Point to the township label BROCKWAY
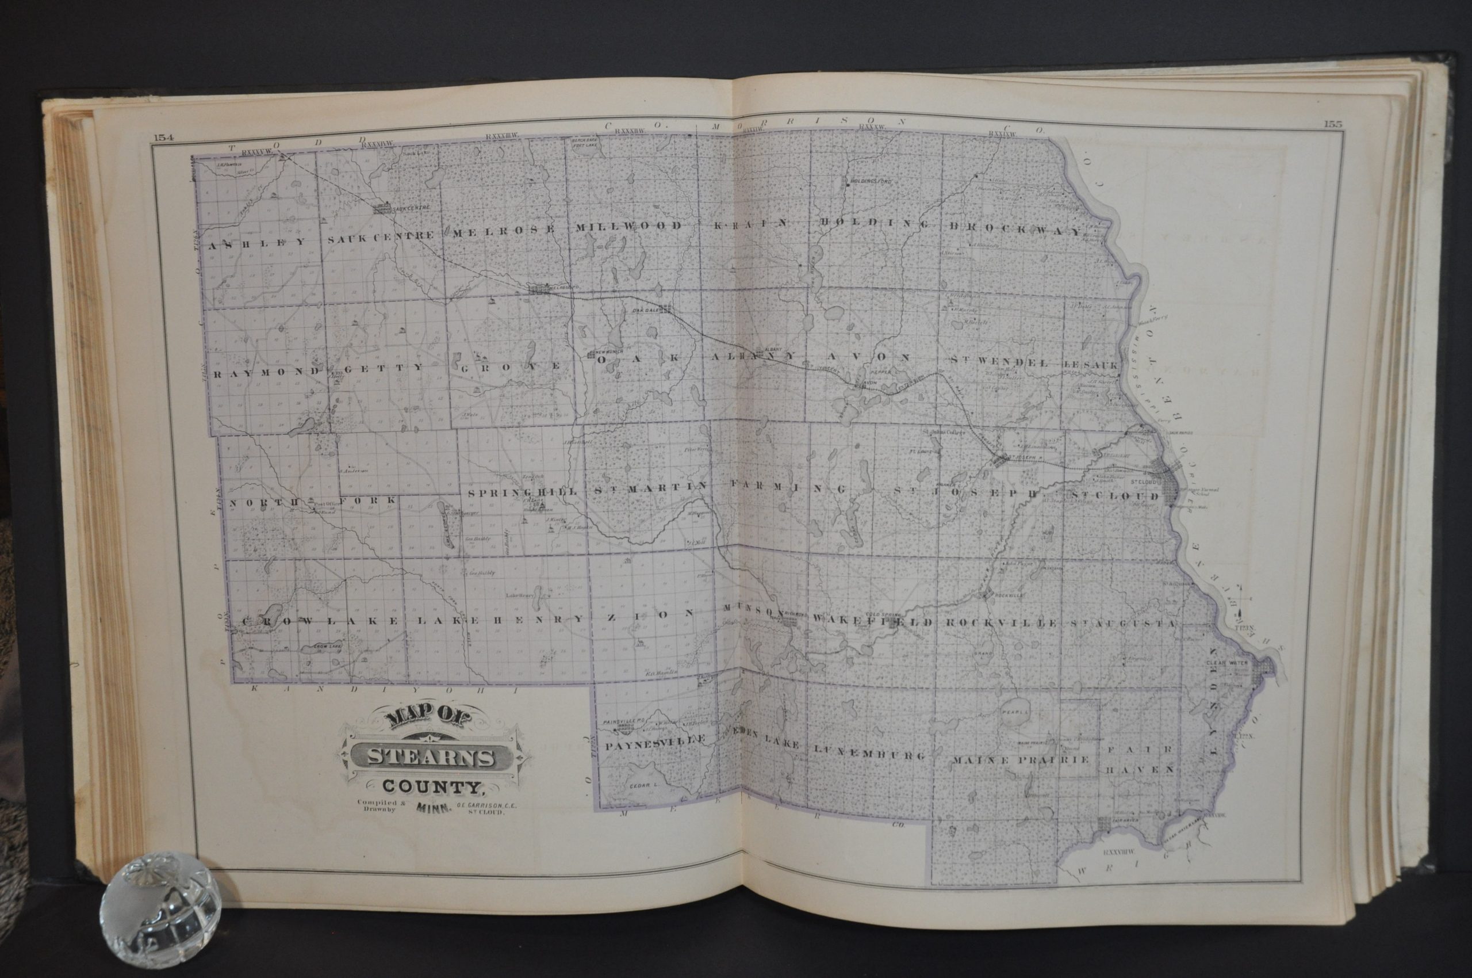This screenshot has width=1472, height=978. pos(1014,230)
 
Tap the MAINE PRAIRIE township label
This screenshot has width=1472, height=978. pos(1021,760)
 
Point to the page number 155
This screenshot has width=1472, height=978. pos(1332,124)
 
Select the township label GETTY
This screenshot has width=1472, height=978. pos(382,368)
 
